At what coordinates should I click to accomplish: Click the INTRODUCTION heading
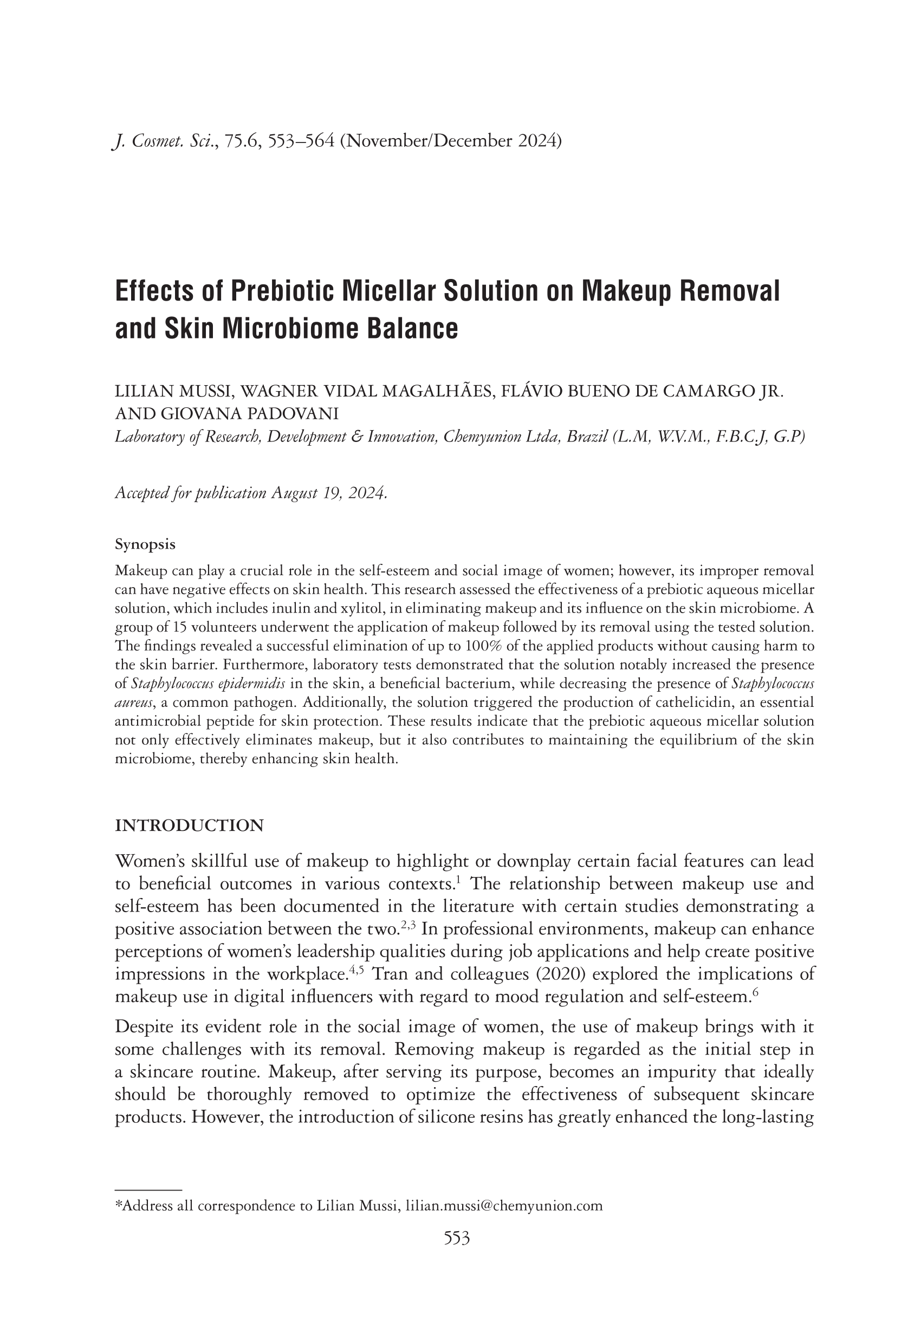tap(190, 825)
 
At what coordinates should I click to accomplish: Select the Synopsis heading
tap(145, 544)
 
